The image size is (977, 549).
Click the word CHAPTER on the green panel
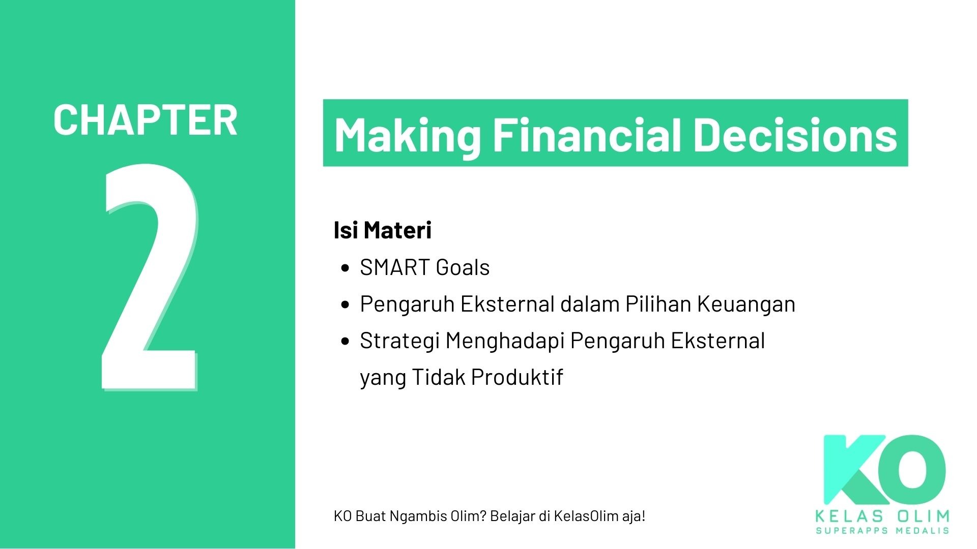(x=145, y=120)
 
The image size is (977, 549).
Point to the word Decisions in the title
(x=795, y=135)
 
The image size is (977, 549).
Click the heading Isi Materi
(x=382, y=230)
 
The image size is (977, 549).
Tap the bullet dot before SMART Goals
(x=346, y=268)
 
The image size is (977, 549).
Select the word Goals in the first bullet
(x=463, y=267)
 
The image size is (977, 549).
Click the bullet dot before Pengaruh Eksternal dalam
(x=346, y=305)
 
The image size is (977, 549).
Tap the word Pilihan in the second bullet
(x=657, y=304)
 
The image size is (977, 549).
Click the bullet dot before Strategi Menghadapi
(x=346, y=342)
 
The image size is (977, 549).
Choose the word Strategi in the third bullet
(x=399, y=341)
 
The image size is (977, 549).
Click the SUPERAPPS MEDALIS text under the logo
(x=882, y=531)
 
